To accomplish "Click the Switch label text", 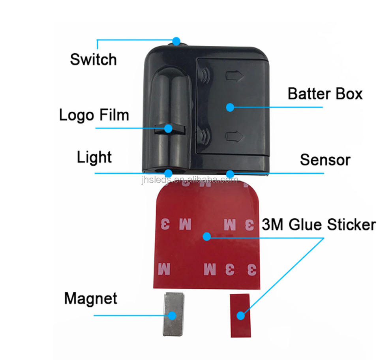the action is [x=93, y=60].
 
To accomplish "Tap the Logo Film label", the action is [x=94, y=115].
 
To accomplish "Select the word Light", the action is [x=94, y=157].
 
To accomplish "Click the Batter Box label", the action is [x=325, y=94].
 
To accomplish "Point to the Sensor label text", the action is [x=325, y=160].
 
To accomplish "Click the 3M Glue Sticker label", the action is [x=318, y=225].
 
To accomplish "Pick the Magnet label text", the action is [x=90, y=298].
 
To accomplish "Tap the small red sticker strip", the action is [x=240, y=315].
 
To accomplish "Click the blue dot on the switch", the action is [x=176, y=40].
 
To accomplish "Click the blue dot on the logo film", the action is [x=169, y=128].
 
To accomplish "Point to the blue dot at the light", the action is [x=169, y=173].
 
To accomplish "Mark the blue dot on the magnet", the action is [x=173, y=315].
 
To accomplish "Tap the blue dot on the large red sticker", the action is [x=206, y=236].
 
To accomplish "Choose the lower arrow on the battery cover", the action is [x=233, y=137].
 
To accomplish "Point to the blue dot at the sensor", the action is [x=229, y=173].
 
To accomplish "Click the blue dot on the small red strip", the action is [x=240, y=315].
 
